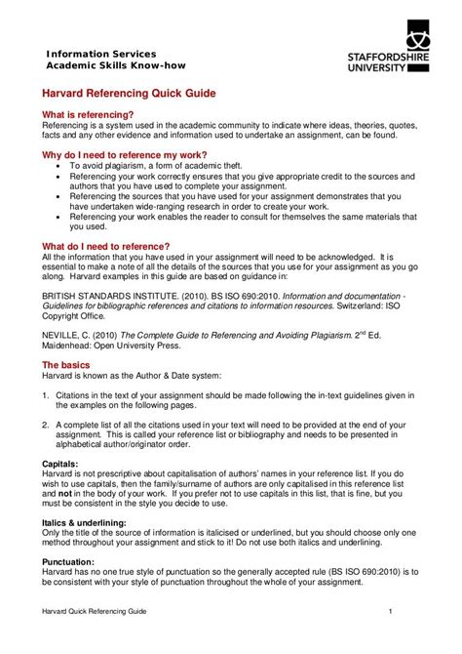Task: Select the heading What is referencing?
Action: point(87,114)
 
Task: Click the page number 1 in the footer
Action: point(390,611)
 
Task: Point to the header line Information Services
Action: point(101,53)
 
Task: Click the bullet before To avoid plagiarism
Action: point(58,167)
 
